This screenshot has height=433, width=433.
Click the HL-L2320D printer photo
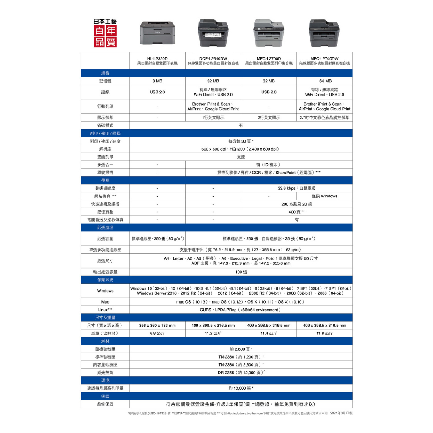tap(157, 33)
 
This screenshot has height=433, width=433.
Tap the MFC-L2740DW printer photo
tap(324, 33)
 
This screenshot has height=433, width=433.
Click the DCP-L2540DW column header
tap(213, 60)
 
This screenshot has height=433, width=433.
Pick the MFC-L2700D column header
tap(269, 60)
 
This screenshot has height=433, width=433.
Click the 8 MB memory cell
tap(157, 81)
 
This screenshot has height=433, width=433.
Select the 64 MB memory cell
tap(324, 81)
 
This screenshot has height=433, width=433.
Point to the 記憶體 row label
tap(105, 81)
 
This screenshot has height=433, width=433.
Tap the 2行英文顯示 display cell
tap(269, 118)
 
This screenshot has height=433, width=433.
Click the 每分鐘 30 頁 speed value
tap(241, 141)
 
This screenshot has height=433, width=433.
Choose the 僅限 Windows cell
tap(324, 196)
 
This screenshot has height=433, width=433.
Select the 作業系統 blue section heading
tap(105, 280)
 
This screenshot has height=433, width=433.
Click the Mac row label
tap(105, 302)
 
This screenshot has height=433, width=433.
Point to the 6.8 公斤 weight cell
tap(157, 333)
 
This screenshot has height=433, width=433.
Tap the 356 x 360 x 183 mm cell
tap(157, 326)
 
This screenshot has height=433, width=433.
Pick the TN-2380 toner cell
tap(241, 364)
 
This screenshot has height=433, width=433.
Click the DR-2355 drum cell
tap(241, 373)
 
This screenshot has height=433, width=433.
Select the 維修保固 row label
tap(105, 404)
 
